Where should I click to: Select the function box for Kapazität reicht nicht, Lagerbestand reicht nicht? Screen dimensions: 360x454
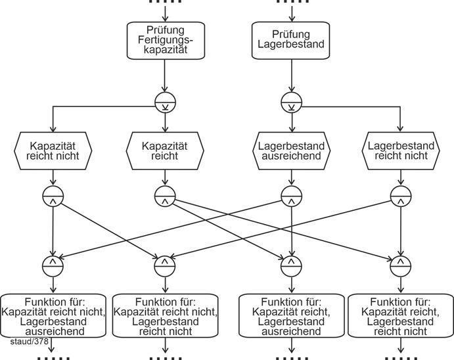point(165,317)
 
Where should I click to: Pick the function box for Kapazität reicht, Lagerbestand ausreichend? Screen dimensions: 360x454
point(290,317)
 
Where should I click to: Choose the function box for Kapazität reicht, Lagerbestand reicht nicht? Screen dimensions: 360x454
point(400,317)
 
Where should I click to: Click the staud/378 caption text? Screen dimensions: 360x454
point(29,342)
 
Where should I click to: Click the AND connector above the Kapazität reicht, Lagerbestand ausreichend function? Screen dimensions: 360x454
point(290,265)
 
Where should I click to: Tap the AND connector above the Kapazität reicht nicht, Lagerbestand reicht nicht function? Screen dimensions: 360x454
point(164,265)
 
